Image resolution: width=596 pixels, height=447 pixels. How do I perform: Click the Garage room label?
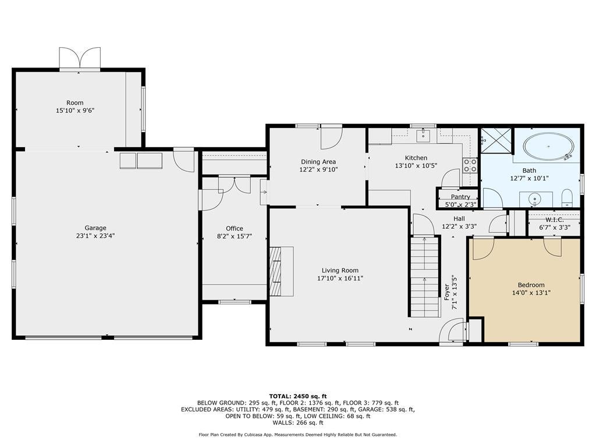coord(95,228)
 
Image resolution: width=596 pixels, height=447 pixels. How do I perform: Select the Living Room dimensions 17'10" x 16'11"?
coord(340,278)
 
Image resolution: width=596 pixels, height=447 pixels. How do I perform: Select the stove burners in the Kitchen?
coord(470,165)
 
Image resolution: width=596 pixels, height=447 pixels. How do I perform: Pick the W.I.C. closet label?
coord(554,219)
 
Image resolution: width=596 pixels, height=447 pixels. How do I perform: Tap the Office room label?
coord(235,228)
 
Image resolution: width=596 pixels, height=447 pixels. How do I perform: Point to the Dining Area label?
coord(318,162)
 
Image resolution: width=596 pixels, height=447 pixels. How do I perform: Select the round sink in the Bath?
coord(536,199)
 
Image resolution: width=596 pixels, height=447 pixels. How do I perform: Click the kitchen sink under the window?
coord(423,136)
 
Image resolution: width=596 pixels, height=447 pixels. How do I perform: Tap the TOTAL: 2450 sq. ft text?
coord(297,396)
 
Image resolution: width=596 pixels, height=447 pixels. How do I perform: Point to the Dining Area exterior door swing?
coord(331,137)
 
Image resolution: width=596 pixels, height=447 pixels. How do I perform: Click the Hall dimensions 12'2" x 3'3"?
coord(459,226)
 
